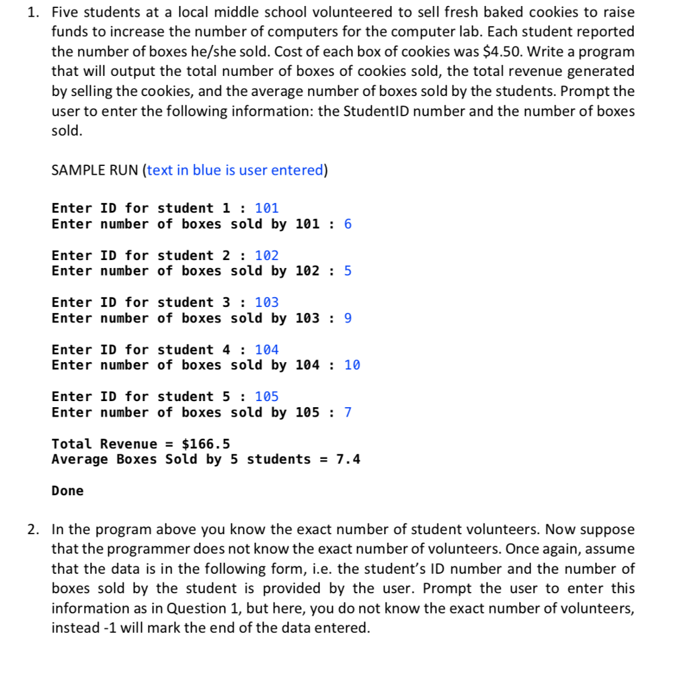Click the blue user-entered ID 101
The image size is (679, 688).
tap(266, 208)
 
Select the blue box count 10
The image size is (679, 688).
tap(352, 365)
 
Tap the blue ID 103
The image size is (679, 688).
tap(266, 302)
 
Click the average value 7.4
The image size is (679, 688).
tap(348, 460)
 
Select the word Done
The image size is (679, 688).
tap(68, 490)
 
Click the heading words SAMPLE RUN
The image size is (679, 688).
tap(95, 170)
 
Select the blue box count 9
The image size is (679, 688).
tap(348, 318)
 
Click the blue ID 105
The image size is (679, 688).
tap(266, 396)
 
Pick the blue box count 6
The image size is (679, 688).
tap(348, 224)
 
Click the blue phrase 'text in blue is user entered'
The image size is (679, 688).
tap(235, 170)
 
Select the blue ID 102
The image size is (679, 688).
tap(266, 255)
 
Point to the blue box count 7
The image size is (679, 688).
tap(348, 412)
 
